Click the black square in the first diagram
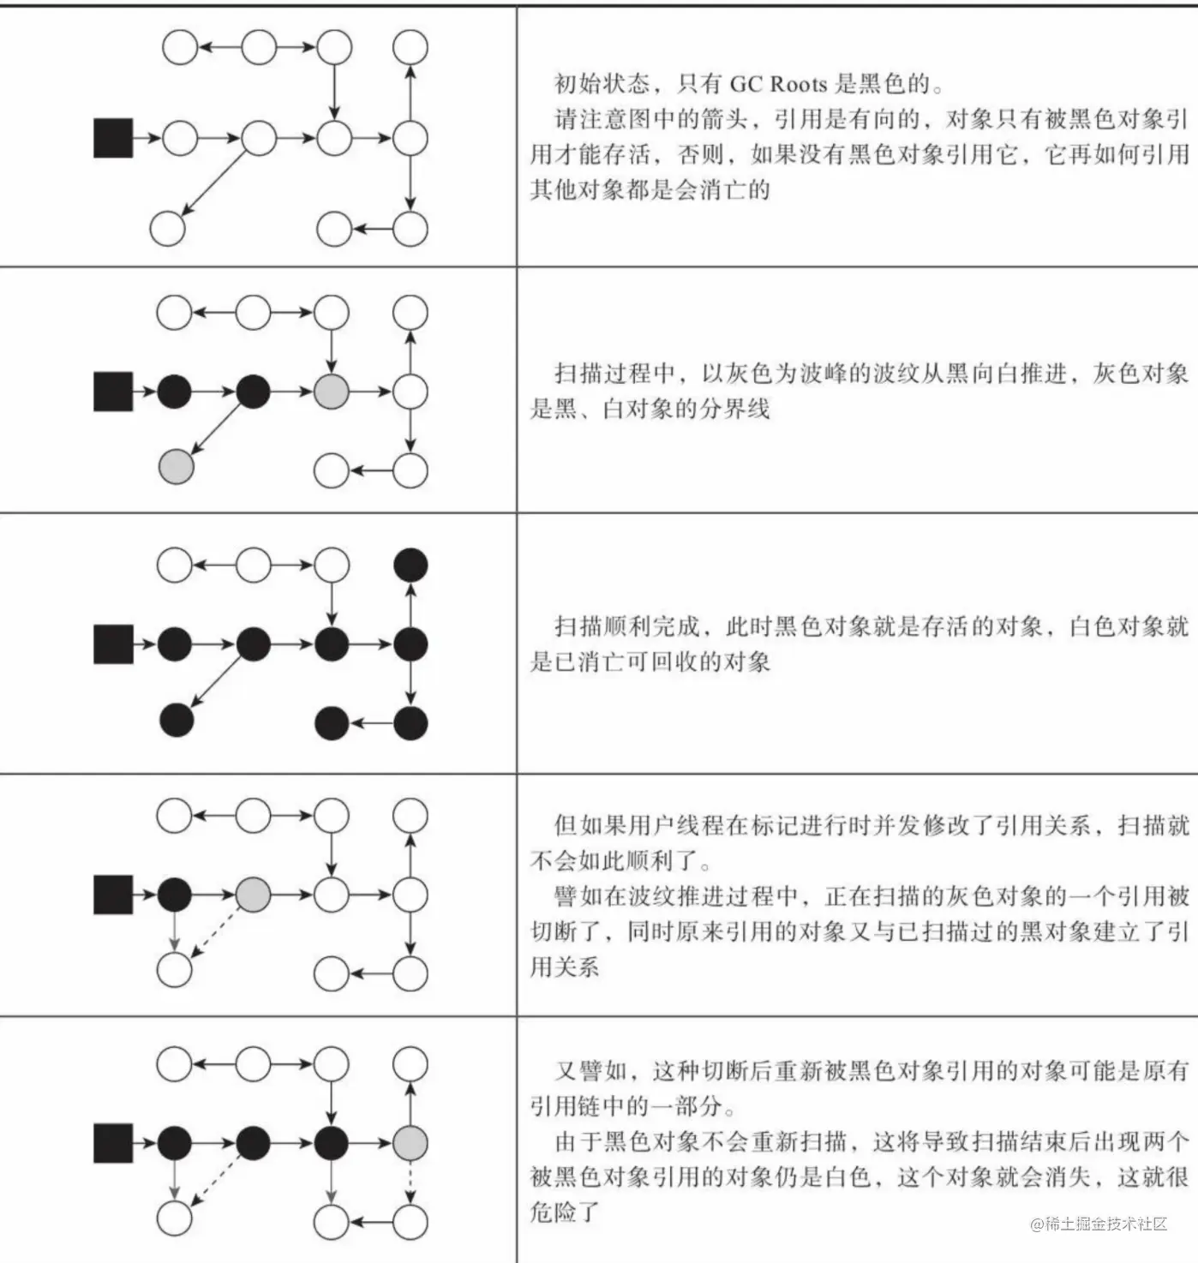click(113, 138)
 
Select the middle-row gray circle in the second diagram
click(332, 392)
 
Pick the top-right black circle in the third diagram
click(410, 565)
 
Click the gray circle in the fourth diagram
click(253, 895)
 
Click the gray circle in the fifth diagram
click(410, 1142)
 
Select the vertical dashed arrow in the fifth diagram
click(410, 1181)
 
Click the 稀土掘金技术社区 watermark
click(1099, 1224)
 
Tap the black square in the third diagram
click(113, 643)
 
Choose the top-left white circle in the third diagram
click(174, 565)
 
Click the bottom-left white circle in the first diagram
click(168, 228)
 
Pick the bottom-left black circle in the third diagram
click(177, 719)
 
